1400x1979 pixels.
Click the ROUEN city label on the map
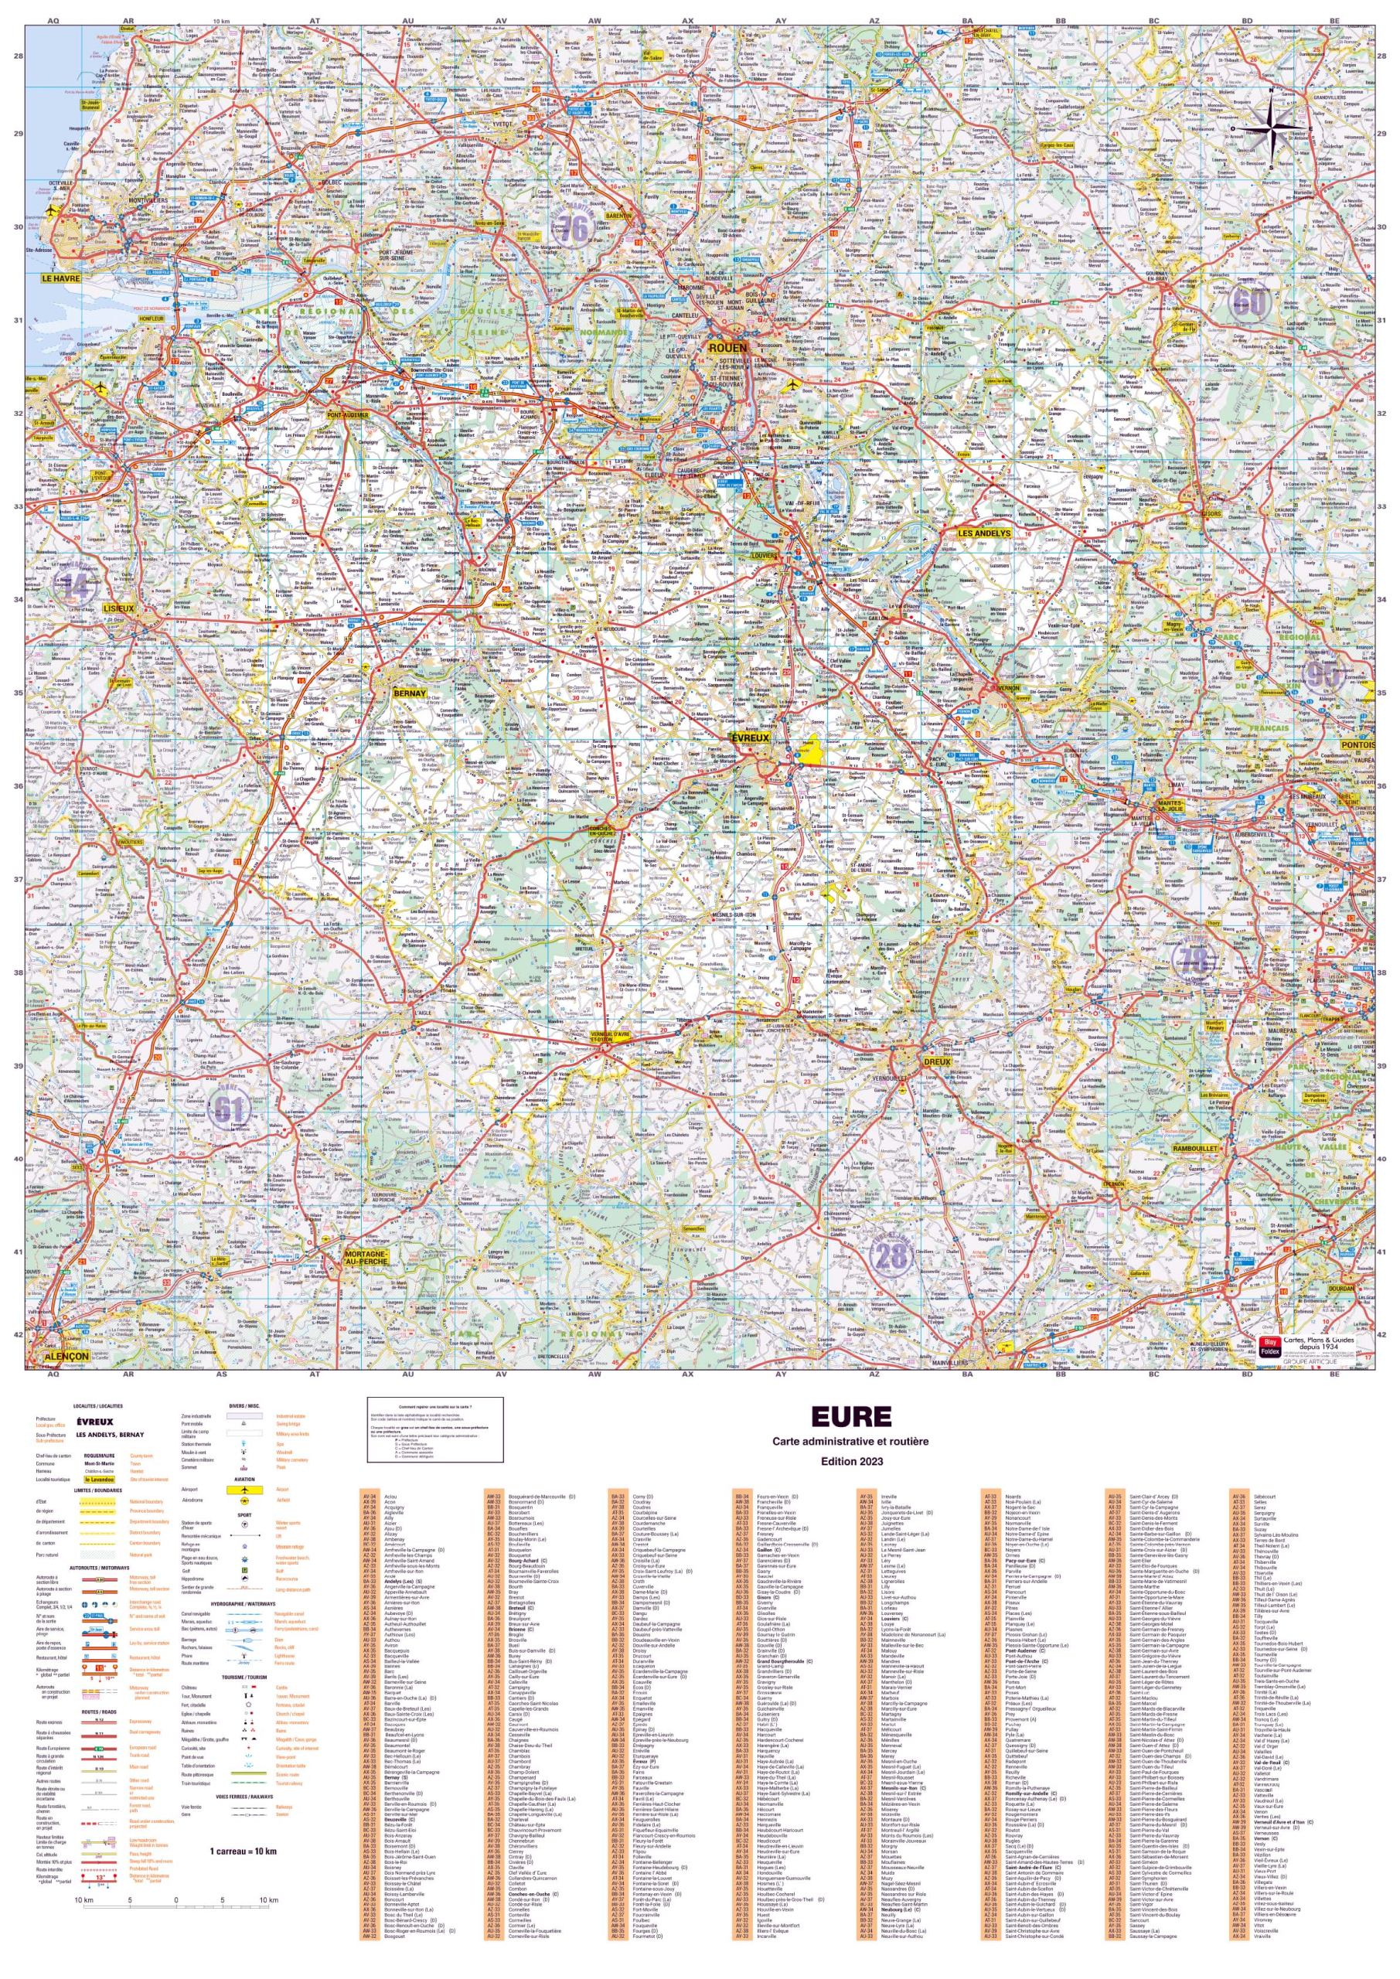(727, 347)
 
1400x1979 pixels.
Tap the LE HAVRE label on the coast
(60, 278)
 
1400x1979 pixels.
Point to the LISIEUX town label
(118, 608)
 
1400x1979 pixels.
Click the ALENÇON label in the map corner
(66, 1356)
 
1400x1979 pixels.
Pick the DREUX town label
(936, 1061)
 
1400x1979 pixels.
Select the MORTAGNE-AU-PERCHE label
(366, 1257)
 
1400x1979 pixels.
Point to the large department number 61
(229, 1109)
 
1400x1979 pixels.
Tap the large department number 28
(891, 1257)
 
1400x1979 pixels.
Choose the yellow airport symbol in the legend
(245, 1489)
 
